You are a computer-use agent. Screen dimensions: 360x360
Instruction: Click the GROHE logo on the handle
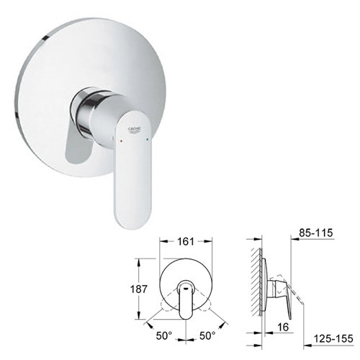coord(135,130)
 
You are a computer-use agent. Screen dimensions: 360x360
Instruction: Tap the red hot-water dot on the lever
coord(122,141)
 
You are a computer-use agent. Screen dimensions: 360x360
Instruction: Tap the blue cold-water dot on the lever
coord(148,139)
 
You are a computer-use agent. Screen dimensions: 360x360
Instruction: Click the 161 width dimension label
coord(186,241)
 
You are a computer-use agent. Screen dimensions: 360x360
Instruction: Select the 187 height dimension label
coord(138,289)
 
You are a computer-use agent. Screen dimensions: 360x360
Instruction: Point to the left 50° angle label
coord(164,336)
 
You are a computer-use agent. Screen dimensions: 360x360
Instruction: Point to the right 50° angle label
coord(207,336)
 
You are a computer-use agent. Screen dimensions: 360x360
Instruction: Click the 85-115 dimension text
coord(316,233)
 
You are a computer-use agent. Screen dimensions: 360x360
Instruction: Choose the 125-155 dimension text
coord(333,338)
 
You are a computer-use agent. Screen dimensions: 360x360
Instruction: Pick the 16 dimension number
coord(283,327)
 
